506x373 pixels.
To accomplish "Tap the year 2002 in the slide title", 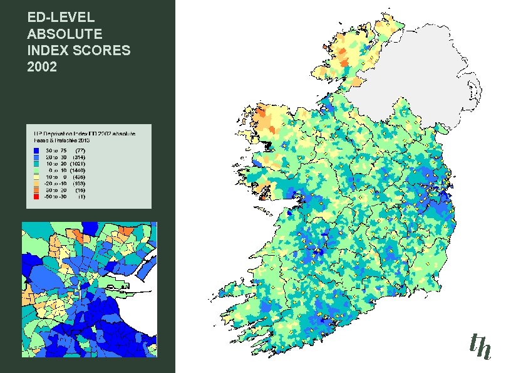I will [42, 66].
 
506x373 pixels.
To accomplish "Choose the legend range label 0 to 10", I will [56, 171].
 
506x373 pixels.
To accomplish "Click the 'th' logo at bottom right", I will [480, 346].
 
